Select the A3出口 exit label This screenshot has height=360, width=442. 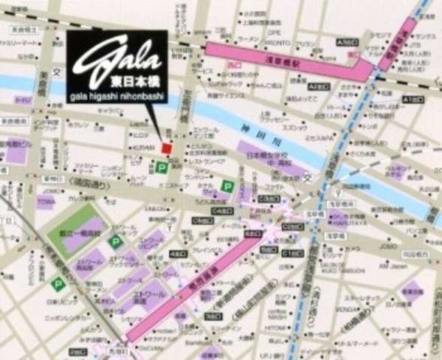[x=346, y=42]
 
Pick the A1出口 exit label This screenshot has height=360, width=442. [x=412, y=100]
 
